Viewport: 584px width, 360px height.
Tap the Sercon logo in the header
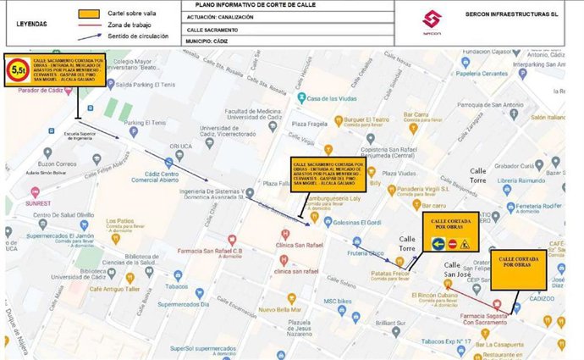click(x=432, y=20)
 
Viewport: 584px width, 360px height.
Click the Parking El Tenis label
click(x=145, y=123)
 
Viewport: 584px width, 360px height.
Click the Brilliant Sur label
click(x=392, y=323)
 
